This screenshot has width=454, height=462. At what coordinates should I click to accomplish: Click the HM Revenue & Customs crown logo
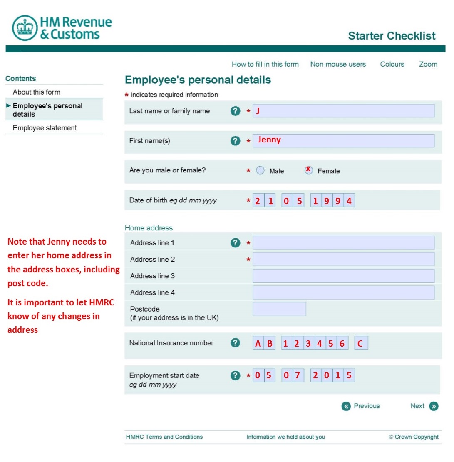click(x=25, y=28)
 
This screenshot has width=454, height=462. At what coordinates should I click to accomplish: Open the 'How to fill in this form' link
click(x=265, y=64)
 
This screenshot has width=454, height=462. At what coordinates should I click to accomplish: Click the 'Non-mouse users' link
click(x=338, y=64)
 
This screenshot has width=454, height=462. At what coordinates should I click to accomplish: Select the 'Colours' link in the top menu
click(x=392, y=64)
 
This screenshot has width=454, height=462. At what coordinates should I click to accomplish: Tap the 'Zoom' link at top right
click(x=428, y=64)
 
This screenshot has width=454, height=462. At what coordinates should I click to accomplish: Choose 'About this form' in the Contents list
click(x=37, y=92)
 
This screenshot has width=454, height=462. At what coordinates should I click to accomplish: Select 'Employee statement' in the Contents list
click(x=45, y=128)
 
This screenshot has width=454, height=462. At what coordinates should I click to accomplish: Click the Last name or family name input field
click(x=343, y=111)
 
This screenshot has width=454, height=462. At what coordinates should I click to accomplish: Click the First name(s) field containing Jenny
click(x=343, y=141)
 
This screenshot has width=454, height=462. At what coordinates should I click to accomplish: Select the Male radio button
click(x=260, y=170)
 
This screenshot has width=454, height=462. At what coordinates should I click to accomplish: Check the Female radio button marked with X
click(x=308, y=170)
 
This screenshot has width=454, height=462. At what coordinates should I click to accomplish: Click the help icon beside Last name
click(x=236, y=111)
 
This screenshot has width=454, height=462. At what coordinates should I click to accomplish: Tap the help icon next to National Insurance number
click(x=236, y=343)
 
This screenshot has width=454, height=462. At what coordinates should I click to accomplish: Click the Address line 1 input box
click(x=343, y=242)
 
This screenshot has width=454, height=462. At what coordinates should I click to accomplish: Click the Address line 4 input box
click(x=343, y=292)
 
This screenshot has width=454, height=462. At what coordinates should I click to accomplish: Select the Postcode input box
click(x=279, y=309)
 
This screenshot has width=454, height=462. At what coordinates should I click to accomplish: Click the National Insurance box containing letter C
click(x=361, y=343)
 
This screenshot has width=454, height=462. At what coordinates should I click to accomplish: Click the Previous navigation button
click(x=361, y=406)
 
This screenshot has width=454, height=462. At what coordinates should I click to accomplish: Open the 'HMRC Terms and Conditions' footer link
click(x=164, y=437)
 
